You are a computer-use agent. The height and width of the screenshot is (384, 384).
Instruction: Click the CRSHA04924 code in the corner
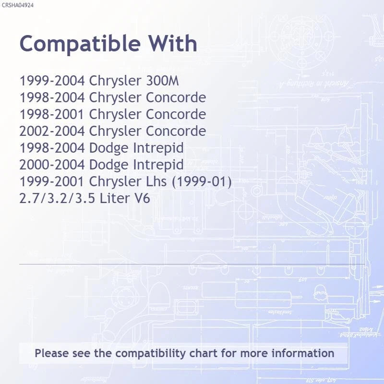click(x=17, y=5)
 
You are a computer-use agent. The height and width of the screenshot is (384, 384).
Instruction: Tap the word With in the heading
click(x=173, y=43)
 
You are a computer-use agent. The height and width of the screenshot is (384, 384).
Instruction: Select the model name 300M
click(x=162, y=81)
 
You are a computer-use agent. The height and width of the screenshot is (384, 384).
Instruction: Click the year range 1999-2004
click(x=52, y=81)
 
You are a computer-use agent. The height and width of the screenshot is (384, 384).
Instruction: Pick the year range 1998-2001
click(x=52, y=114)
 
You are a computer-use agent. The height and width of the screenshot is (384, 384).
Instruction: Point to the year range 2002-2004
click(x=52, y=131)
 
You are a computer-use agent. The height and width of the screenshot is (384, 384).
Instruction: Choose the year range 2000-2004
click(x=52, y=165)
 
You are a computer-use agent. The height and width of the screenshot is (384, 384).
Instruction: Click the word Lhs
click(x=156, y=181)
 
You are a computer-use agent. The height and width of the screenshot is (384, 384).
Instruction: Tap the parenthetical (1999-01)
click(x=202, y=182)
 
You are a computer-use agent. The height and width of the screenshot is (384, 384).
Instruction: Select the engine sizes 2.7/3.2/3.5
click(x=57, y=198)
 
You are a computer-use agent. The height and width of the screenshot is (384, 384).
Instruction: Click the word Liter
click(x=115, y=198)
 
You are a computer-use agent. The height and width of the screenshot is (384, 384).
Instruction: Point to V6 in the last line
click(x=142, y=198)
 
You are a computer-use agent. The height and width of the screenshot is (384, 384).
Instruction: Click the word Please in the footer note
click(x=52, y=353)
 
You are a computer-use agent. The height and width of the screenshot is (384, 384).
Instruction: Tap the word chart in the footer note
click(x=203, y=353)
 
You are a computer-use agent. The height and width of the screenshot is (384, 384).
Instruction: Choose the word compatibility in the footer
click(x=150, y=354)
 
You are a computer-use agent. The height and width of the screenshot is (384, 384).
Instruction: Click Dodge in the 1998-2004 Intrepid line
click(x=108, y=148)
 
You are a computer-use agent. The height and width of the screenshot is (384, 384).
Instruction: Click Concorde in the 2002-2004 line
click(x=176, y=131)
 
